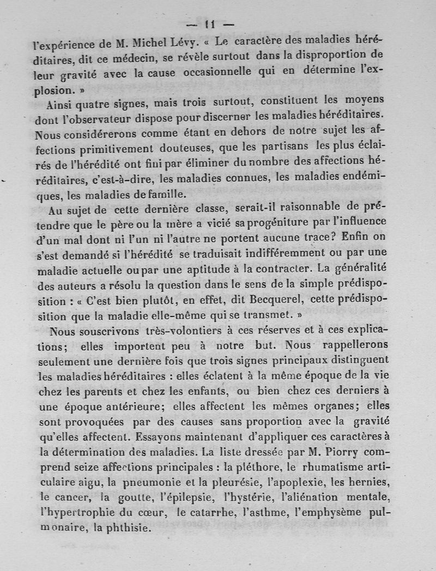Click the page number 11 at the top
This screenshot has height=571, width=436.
click(210, 24)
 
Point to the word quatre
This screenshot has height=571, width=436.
click(95, 103)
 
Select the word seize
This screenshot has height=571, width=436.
click(92, 467)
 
